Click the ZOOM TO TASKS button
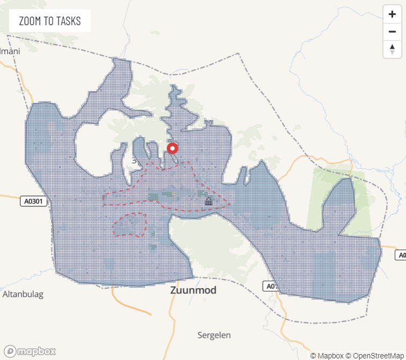[50, 21]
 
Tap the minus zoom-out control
[392, 32]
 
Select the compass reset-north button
[392, 49]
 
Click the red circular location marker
[173, 148]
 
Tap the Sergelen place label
[214, 335]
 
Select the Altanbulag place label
[23, 294]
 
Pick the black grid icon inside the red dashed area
[209, 201]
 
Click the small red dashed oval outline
[130, 225]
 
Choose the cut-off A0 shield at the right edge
[401, 255]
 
